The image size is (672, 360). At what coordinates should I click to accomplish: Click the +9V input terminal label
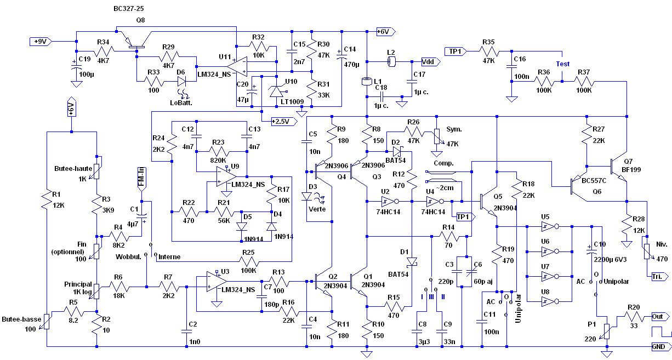pos(41,42)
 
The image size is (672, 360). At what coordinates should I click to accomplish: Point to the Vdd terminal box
pos(429,61)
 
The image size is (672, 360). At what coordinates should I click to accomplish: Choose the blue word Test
pos(563,64)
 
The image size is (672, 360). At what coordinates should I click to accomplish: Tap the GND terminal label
pos(660,346)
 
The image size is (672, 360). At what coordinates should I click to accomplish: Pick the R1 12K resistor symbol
pos(48,202)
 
